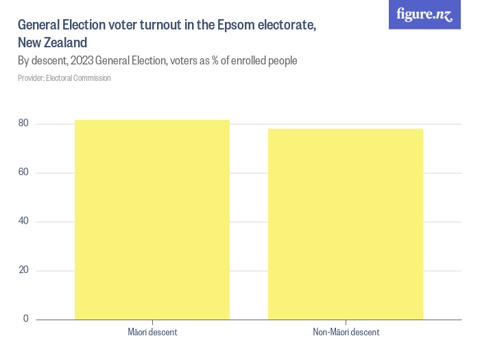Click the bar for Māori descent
152,219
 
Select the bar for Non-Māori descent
346,224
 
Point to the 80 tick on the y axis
24,123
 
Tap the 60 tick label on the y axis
24,172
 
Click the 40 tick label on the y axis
24,221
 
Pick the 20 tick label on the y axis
24,270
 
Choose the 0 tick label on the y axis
27,319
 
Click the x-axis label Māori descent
152,333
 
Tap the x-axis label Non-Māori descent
346,333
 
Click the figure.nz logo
424,14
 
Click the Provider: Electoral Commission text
64,78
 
